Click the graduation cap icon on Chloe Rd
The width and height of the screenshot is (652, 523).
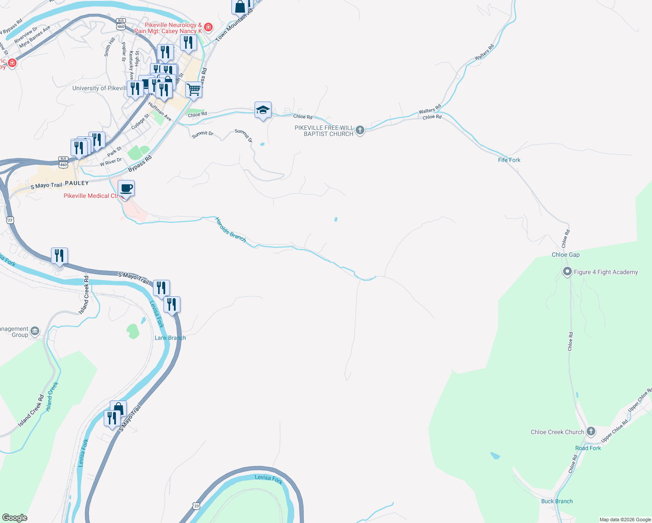pyautogui.click(x=263, y=110)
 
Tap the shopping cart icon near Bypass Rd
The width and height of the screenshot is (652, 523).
pyautogui.click(x=194, y=90)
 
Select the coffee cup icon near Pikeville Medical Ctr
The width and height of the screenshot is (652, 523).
pyautogui.click(x=126, y=188)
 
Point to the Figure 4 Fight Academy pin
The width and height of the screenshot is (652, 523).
pyautogui.click(x=567, y=272)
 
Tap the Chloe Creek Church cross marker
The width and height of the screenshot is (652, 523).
pyautogui.click(x=591, y=431)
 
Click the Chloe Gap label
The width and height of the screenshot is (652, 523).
pyautogui.click(x=565, y=255)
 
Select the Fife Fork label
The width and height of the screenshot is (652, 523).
pyautogui.click(x=509, y=160)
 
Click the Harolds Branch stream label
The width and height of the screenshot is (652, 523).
pyautogui.click(x=231, y=230)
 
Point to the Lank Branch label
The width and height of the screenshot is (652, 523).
pyautogui.click(x=170, y=338)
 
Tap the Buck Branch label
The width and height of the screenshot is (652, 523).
pyautogui.click(x=557, y=501)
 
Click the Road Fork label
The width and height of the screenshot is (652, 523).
pyautogui.click(x=587, y=448)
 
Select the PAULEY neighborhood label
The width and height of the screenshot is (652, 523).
pyautogui.click(x=77, y=183)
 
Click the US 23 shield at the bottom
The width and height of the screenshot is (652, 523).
pyautogui.click(x=197, y=506)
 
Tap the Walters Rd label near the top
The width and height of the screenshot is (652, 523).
pyautogui.click(x=484, y=52)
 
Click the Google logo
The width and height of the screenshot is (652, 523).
pyautogui.click(x=14, y=517)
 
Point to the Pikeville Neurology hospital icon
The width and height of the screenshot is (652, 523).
pyautogui.click(x=208, y=27)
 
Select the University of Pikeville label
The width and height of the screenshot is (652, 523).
pyautogui.click(x=99, y=88)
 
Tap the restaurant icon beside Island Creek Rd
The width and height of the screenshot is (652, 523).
pyautogui.click(x=59, y=255)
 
